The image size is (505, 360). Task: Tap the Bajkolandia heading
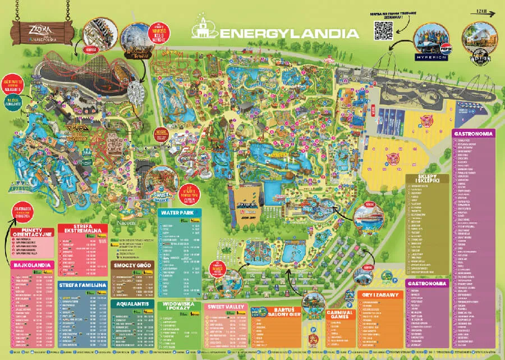click(x=31, y=265)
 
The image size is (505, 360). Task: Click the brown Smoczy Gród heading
click(x=133, y=265)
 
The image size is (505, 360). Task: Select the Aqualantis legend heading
click(x=133, y=304)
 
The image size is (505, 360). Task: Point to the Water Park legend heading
click(x=178, y=213)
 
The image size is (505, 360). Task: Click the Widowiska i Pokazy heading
click(x=180, y=307)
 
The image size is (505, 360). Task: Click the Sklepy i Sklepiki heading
click(x=427, y=179)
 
